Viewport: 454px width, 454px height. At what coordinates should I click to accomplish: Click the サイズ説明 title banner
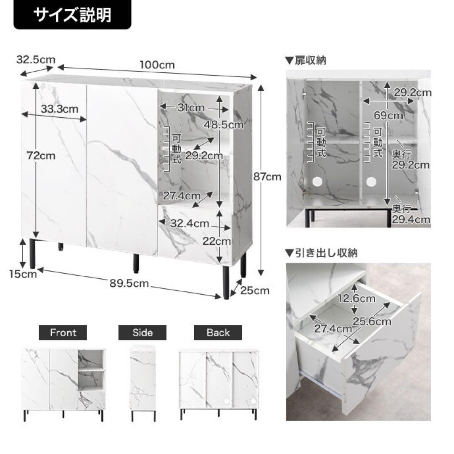click(72, 14)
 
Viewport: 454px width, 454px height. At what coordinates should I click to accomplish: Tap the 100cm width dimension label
click(157, 65)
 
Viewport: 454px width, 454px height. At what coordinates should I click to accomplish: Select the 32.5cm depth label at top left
click(36, 60)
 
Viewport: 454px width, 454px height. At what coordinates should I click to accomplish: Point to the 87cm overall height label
click(267, 177)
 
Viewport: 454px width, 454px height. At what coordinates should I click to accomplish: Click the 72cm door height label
click(41, 156)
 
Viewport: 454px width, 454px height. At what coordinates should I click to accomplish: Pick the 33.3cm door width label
click(59, 109)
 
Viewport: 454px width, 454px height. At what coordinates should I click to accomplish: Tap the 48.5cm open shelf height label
click(224, 125)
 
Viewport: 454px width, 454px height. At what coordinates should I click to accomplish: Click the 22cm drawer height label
click(216, 241)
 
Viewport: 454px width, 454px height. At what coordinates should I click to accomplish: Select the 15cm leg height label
click(23, 274)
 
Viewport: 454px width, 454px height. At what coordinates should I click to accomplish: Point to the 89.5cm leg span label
click(129, 283)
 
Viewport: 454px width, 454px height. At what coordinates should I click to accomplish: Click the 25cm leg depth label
click(255, 290)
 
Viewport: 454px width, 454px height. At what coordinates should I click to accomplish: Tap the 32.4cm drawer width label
click(190, 223)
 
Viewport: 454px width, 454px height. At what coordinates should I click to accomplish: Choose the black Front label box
click(63, 333)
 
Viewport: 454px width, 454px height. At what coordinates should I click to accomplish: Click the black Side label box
click(143, 333)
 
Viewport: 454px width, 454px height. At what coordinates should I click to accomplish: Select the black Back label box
click(218, 333)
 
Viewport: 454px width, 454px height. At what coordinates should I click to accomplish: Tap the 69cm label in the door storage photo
click(388, 116)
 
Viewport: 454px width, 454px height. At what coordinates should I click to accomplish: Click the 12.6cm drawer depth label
click(356, 298)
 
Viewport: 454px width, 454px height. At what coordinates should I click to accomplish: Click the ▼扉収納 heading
click(306, 60)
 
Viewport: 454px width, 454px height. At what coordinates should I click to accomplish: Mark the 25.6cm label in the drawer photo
click(372, 321)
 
